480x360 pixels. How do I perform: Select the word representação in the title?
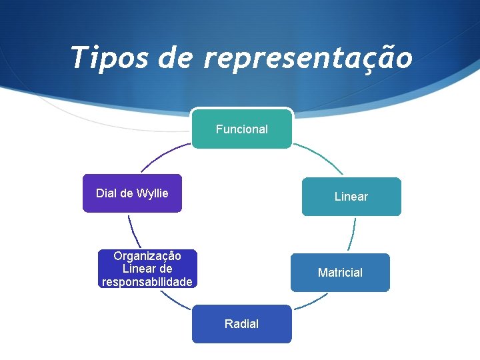(308, 59)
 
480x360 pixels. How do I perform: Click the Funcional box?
(242, 128)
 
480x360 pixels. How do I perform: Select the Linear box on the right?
(351, 197)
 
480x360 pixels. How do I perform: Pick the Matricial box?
(340, 273)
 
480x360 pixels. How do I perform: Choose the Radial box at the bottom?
(242, 324)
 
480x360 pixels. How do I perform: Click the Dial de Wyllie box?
(132, 193)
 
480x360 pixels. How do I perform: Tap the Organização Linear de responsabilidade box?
(147, 269)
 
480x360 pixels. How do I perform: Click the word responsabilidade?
(147, 282)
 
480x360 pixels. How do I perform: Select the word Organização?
(147, 255)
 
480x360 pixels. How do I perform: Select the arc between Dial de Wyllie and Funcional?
(163, 155)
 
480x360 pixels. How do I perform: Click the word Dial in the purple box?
(106, 193)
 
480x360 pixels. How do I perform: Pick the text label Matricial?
(340, 273)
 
